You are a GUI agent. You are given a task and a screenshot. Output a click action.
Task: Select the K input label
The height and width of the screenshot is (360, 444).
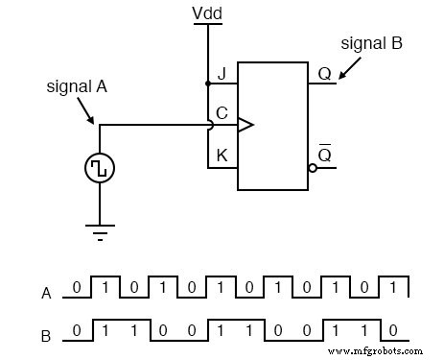click(222, 154)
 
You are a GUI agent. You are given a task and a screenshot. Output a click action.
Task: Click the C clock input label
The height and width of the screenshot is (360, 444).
click(222, 113)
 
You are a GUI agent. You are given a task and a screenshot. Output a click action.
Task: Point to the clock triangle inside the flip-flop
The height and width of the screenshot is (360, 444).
click(245, 125)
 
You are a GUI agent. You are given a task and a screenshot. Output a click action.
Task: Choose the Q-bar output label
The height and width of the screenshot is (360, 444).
click(324, 154)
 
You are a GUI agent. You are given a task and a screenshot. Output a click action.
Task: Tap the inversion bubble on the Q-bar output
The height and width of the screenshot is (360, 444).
click(312, 167)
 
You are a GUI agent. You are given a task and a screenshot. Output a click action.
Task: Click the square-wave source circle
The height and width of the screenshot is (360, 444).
click(99, 168)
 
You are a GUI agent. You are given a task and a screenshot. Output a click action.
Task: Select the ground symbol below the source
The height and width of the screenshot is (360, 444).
click(99, 229)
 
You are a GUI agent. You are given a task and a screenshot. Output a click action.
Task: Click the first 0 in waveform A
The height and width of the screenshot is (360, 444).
click(77, 287)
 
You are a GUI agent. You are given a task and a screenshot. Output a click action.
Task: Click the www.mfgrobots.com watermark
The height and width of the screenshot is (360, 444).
click(380, 351)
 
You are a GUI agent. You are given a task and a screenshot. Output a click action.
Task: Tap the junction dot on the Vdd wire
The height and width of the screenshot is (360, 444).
click(208, 83)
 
